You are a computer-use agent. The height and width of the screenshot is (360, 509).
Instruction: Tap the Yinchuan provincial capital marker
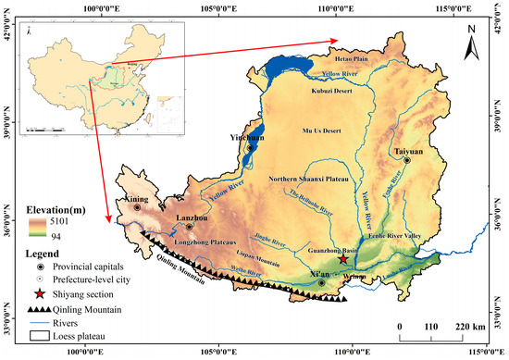[250, 147]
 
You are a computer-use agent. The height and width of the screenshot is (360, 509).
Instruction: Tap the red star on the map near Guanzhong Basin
[343, 261]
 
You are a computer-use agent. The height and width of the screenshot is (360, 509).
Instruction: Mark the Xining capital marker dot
[137, 208]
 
